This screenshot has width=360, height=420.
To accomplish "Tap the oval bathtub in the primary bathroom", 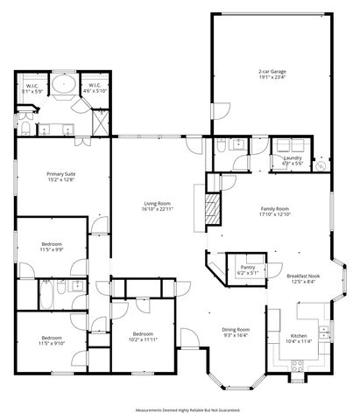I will (x=63, y=87).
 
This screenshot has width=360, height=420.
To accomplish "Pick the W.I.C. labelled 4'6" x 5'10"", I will (x=95, y=88).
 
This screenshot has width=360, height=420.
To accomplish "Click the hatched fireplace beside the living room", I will (x=209, y=210).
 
